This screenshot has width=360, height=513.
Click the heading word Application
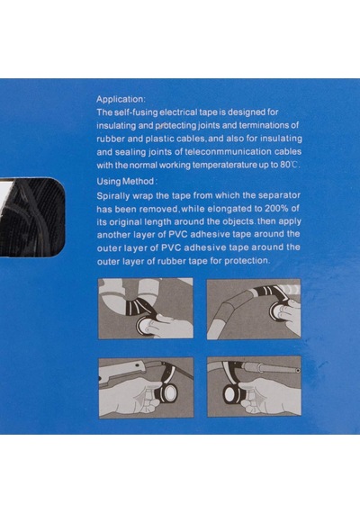pos(120,99)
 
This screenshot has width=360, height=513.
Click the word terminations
pos(265,125)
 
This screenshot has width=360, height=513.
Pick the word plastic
pos(159,139)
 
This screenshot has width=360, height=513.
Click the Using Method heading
pos(126,181)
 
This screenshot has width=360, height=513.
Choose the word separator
pos(279,195)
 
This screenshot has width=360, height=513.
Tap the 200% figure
pos(276,209)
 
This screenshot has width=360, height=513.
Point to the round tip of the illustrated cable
pos(298,371)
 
